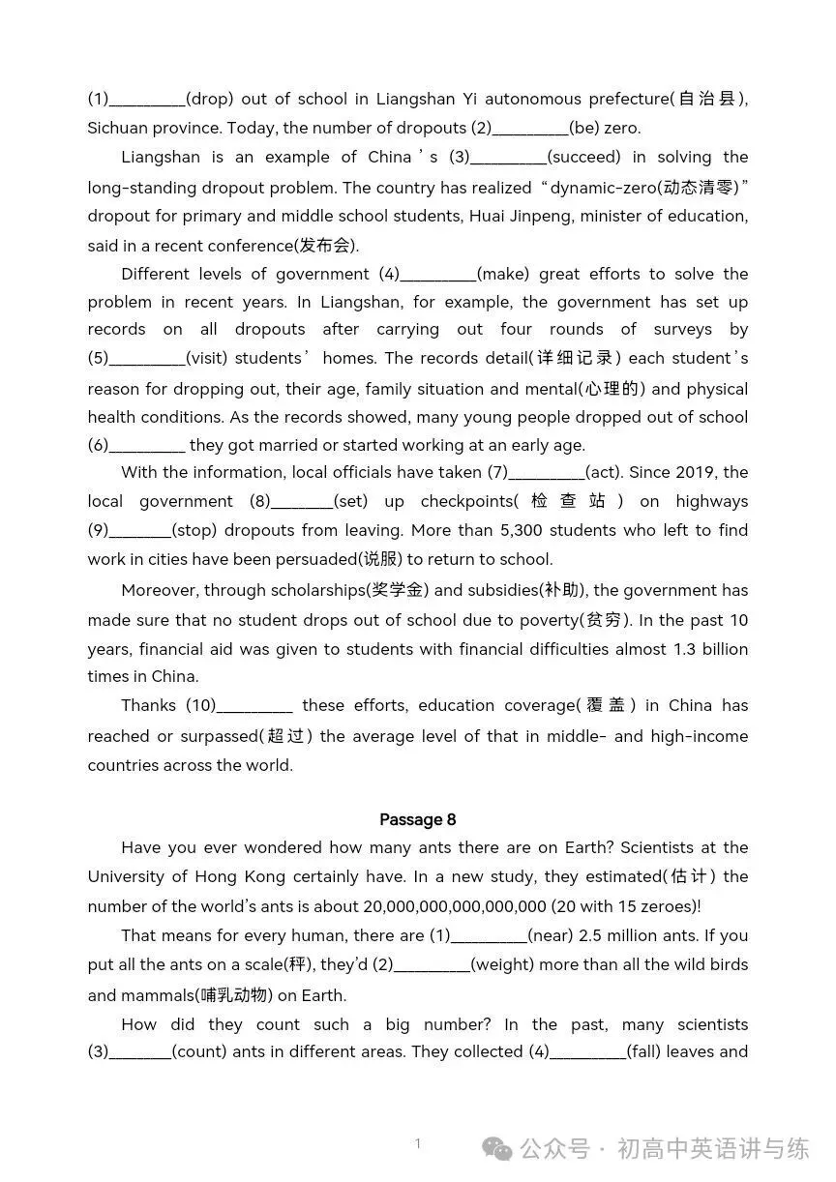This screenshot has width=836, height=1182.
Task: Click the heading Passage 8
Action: click(x=417, y=819)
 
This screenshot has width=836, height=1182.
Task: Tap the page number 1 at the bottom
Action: click(x=418, y=1143)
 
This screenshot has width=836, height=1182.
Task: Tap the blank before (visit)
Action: click(x=146, y=360)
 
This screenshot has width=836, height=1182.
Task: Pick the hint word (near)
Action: click(x=554, y=935)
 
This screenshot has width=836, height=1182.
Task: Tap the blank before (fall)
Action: click(x=587, y=1053)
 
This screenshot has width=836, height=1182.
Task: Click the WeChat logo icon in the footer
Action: click(x=498, y=1148)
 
